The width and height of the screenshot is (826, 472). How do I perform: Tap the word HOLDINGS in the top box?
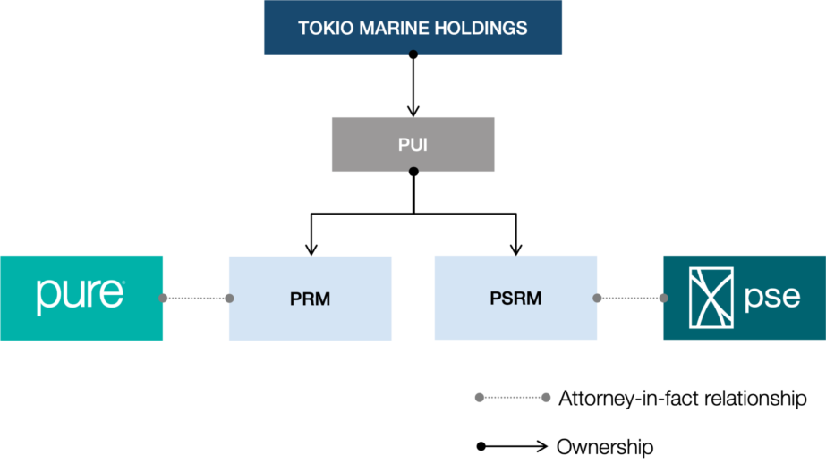click(x=481, y=28)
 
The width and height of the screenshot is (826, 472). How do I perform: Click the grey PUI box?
click(x=413, y=144)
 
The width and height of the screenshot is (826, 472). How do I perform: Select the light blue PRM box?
click(x=310, y=299)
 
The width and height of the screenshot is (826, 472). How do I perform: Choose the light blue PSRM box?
click(x=515, y=298)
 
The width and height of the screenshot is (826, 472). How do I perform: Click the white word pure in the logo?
click(x=80, y=295)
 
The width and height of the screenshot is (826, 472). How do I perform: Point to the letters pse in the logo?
click(x=772, y=297)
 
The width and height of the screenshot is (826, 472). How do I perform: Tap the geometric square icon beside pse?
click(x=711, y=297)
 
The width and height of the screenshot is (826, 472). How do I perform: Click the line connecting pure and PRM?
click(x=196, y=299)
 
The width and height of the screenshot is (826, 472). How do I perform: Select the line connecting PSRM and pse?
click(x=630, y=299)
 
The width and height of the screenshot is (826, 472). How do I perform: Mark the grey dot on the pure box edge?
click(x=164, y=299)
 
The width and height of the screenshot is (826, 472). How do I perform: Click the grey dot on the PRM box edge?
click(x=229, y=299)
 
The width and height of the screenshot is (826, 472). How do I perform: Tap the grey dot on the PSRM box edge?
click(x=598, y=299)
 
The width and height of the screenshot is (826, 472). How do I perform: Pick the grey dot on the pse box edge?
click(x=663, y=299)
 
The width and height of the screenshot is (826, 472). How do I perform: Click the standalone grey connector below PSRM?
click(x=512, y=397)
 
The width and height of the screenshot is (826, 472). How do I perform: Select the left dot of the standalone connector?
click(x=479, y=397)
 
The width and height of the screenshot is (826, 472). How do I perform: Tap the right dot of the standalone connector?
click(x=546, y=397)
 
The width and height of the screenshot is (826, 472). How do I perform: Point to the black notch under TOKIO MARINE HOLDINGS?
click(x=413, y=55)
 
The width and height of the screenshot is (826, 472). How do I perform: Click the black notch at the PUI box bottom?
click(x=413, y=170)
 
